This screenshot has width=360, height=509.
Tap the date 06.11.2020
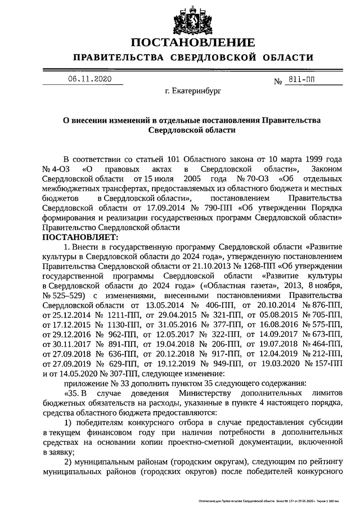[89, 79]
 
